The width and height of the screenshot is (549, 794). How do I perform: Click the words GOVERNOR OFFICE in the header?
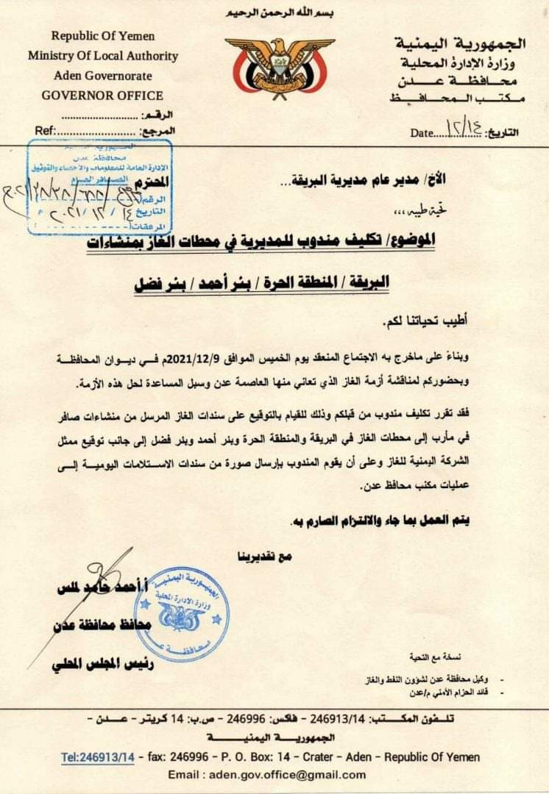(x=102, y=95)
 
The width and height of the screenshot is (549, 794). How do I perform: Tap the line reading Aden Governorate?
(x=103, y=76)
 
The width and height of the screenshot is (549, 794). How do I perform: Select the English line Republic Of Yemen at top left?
(x=103, y=36)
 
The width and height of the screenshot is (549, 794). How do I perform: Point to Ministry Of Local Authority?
(x=103, y=56)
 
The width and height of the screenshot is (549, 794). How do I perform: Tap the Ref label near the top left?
(x=46, y=131)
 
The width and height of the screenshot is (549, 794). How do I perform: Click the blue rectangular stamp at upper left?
(x=100, y=187)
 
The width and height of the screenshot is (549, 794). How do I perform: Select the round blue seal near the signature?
(x=182, y=615)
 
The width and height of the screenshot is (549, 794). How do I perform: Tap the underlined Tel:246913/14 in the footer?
(x=98, y=757)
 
